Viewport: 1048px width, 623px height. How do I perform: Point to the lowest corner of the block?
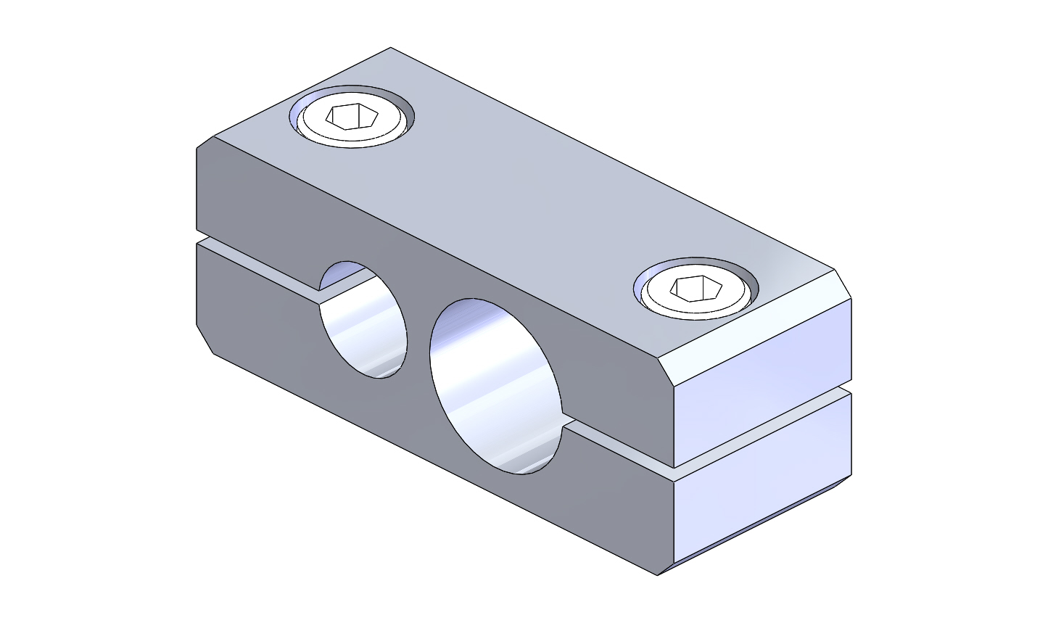pos(657,575)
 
